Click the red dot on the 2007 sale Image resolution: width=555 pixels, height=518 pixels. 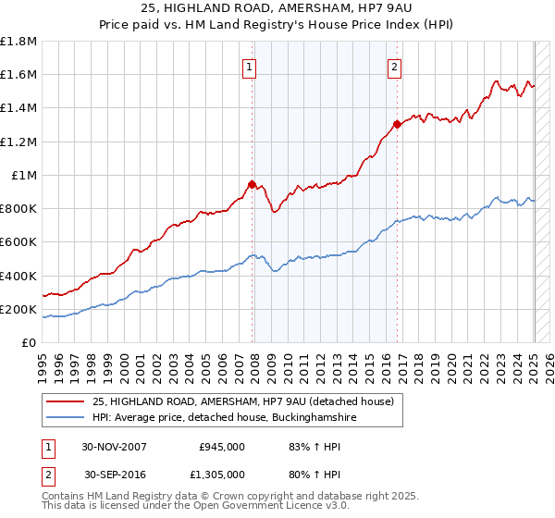click(x=252, y=183)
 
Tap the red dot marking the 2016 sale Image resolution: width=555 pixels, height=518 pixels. click(x=397, y=123)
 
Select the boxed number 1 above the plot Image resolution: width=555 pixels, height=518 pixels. click(x=251, y=66)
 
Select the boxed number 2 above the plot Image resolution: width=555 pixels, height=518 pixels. click(x=395, y=66)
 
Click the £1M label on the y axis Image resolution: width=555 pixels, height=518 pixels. click(x=25, y=176)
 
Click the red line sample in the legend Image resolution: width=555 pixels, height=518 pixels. click(x=65, y=401)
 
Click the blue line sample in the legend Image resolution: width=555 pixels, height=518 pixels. click(x=65, y=418)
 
